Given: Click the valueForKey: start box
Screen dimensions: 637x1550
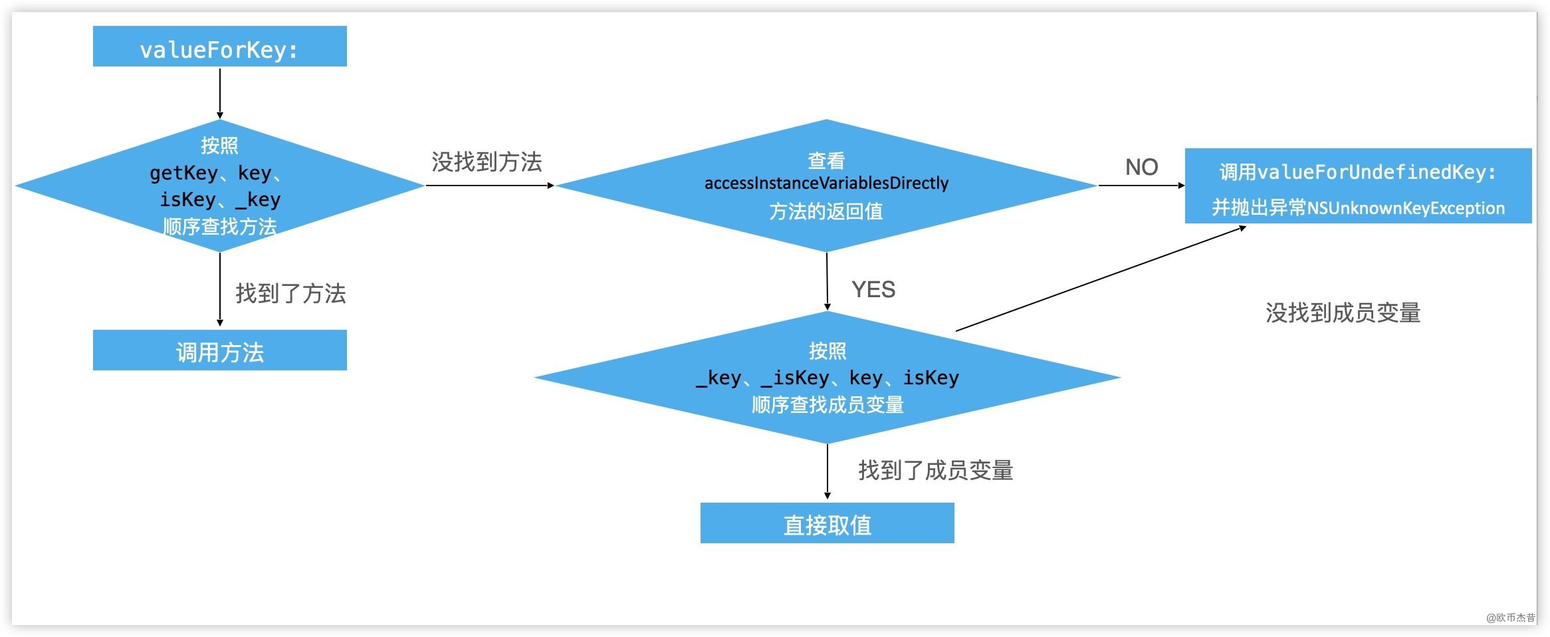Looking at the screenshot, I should (x=219, y=47).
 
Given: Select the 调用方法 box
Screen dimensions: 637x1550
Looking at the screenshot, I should (x=219, y=350).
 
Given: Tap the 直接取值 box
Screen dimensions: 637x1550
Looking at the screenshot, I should (x=827, y=523).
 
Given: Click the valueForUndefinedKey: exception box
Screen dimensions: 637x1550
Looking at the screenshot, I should (x=1357, y=186).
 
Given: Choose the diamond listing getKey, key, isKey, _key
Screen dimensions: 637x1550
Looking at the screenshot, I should (x=219, y=186).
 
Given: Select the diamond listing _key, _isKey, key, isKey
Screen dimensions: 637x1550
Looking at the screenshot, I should (x=827, y=377).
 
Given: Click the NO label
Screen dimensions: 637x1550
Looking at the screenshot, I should (x=1141, y=167).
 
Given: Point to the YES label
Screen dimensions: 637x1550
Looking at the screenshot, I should (x=873, y=290).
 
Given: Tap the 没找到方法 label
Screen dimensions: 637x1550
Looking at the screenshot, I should (x=487, y=162).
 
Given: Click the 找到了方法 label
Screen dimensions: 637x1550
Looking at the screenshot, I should (x=290, y=293).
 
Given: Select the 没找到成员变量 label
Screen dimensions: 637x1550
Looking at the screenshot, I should (x=1343, y=313).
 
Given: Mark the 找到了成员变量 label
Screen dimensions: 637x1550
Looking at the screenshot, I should (x=935, y=470).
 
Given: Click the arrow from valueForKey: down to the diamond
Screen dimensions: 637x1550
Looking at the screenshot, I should (x=220, y=93).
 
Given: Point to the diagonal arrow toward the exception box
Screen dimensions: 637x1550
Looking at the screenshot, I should (x=1100, y=278).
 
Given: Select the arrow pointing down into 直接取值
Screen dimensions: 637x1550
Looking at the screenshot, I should (x=828, y=471).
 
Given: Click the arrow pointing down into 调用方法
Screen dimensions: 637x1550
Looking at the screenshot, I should (x=220, y=290).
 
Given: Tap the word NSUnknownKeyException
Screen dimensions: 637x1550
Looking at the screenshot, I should (x=1405, y=208).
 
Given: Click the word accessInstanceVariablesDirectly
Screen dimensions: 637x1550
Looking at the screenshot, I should (x=826, y=183).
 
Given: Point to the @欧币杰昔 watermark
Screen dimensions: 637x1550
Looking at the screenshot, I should (x=1510, y=617).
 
